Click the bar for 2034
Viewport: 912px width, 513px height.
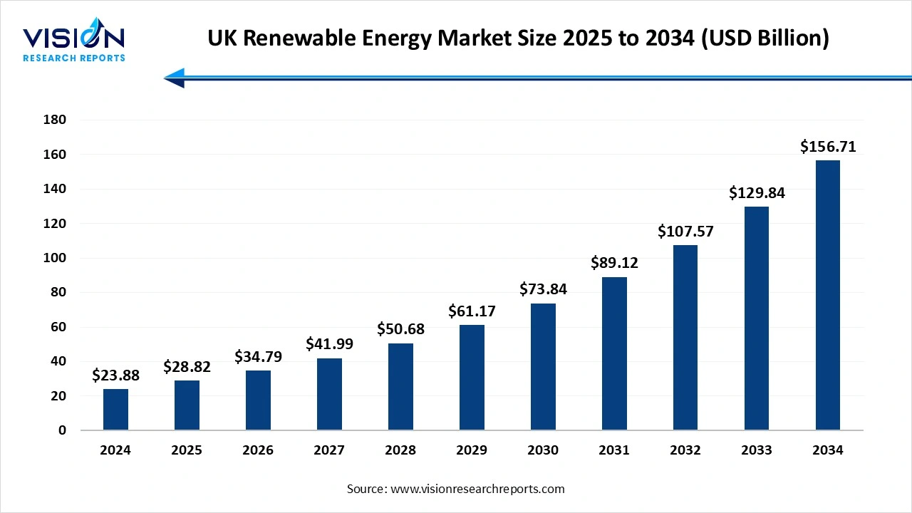[x=827, y=295]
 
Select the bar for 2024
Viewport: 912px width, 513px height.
[x=115, y=410]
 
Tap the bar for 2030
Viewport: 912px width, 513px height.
[x=543, y=367]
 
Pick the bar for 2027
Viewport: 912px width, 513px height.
[x=329, y=394]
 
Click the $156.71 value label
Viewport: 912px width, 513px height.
[x=827, y=147]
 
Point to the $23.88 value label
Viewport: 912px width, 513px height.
[x=115, y=375]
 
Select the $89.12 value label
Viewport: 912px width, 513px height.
[x=614, y=263]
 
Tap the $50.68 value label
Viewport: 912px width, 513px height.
[x=400, y=329]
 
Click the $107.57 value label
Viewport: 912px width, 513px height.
[x=685, y=231]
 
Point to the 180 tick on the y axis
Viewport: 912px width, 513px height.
[x=56, y=120]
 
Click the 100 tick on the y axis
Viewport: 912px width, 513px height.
[x=56, y=258]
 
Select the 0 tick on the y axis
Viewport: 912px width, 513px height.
[x=62, y=430]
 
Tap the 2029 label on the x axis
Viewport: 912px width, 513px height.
[x=472, y=450]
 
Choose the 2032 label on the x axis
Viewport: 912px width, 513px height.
[x=685, y=450]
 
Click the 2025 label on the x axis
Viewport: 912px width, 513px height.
[x=187, y=450]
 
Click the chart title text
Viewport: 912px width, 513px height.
[x=518, y=38]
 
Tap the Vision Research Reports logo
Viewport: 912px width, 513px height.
[x=74, y=43]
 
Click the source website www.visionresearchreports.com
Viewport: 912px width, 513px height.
[x=478, y=489]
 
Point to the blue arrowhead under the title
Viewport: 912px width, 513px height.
[x=175, y=78]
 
